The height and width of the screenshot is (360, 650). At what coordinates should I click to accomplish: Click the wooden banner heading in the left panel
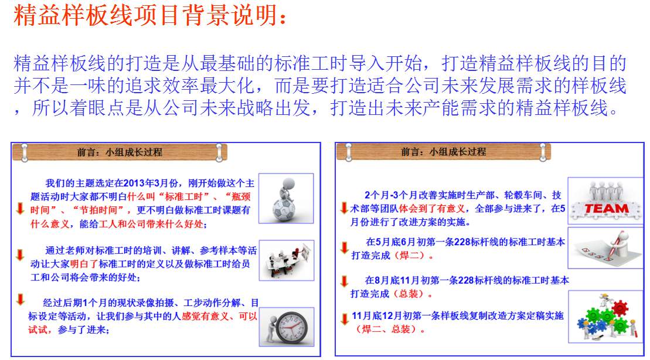click(120, 152)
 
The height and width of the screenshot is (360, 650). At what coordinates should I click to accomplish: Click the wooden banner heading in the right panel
click(443, 152)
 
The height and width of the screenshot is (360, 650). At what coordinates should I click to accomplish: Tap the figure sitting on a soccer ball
click(285, 198)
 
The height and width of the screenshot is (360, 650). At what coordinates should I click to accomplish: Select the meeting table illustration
click(287, 260)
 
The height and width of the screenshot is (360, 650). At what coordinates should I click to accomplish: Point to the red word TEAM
click(606, 209)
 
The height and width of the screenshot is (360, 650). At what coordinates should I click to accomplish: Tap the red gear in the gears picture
click(620, 308)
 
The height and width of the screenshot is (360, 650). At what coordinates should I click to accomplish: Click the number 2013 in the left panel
click(134, 183)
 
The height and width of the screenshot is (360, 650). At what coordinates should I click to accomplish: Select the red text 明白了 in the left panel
click(84, 264)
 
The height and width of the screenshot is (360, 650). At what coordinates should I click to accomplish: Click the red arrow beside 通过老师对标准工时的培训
click(19, 255)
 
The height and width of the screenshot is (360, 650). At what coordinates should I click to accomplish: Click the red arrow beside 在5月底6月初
click(344, 247)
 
